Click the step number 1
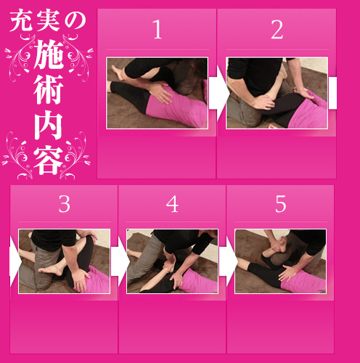pyautogui.click(x=157, y=29)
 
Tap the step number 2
pyautogui.click(x=277, y=29)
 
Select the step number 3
pyautogui.click(x=65, y=204)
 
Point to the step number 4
pyautogui.click(x=172, y=204)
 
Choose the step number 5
pyautogui.click(x=281, y=204)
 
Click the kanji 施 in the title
pyautogui.click(x=49, y=54)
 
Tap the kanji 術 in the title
pyautogui.click(x=49, y=89)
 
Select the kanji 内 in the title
pyautogui.click(x=49, y=124)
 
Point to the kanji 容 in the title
pyautogui.click(x=49, y=160)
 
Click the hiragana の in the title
pyautogui.click(x=75, y=21)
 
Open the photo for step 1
pyautogui.click(x=157, y=93)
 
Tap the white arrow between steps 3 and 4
pyautogui.click(x=120, y=261)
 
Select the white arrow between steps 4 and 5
pyautogui.click(x=229, y=261)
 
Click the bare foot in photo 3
pyautogui.click(x=50, y=269)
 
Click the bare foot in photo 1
pyautogui.click(x=118, y=72)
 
